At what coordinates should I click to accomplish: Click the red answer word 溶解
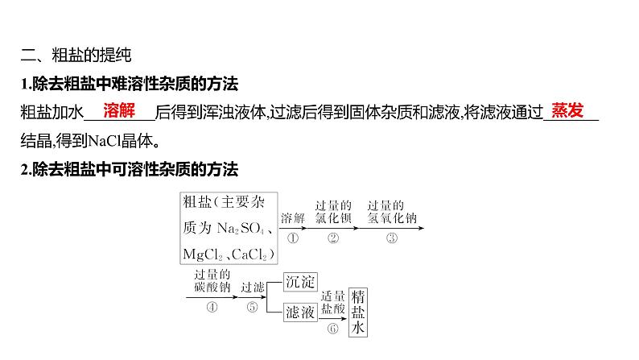(118, 111)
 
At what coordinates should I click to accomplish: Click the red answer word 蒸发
(568, 111)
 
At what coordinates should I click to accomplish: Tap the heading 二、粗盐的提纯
(75, 56)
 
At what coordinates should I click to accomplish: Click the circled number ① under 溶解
(292, 238)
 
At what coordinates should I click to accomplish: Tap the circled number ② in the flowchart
(333, 238)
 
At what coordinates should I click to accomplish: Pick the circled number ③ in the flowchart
(391, 238)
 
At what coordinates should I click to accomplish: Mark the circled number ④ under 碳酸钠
(212, 306)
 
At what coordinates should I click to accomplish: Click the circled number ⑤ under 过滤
(252, 306)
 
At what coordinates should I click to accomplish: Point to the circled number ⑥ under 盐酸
(332, 329)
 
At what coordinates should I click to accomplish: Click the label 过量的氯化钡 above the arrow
(333, 211)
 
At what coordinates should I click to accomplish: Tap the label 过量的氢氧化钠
(391, 211)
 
